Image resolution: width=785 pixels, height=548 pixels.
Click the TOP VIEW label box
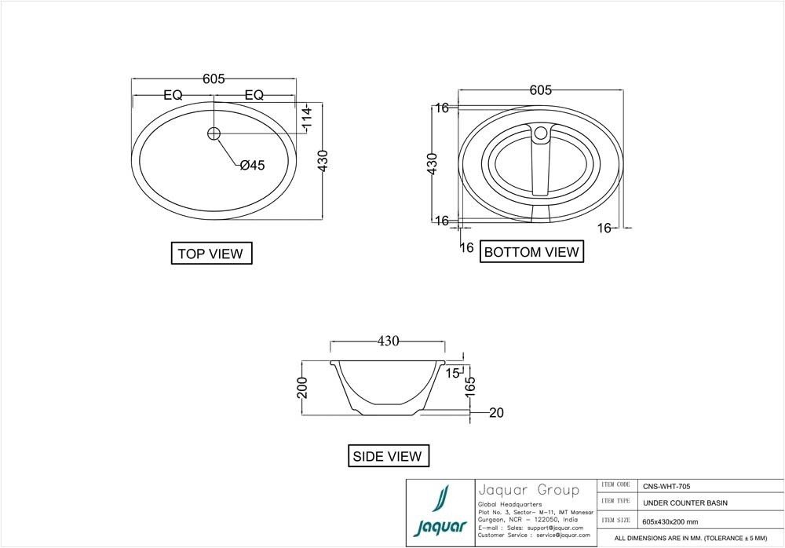tap(211, 254)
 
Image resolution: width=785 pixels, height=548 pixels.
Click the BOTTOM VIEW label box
tap(531, 252)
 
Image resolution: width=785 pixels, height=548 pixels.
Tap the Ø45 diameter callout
tap(252, 165)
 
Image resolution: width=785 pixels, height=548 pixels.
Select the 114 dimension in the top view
tap(307, 119)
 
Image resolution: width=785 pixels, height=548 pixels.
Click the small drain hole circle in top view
tap(213, 133)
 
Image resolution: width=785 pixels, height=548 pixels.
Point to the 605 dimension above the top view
tap(214, 79)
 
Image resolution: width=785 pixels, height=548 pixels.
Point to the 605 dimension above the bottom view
tap(540, 90)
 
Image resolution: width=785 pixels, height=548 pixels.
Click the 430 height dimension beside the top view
tap(322, 162)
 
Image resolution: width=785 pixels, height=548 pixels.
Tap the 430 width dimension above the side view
tap(389, 342)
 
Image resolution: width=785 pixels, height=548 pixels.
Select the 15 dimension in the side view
tap(452, 373)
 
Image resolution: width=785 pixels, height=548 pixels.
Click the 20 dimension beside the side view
tap(495, 413)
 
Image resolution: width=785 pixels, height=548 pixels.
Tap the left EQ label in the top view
tap(173, 95)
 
